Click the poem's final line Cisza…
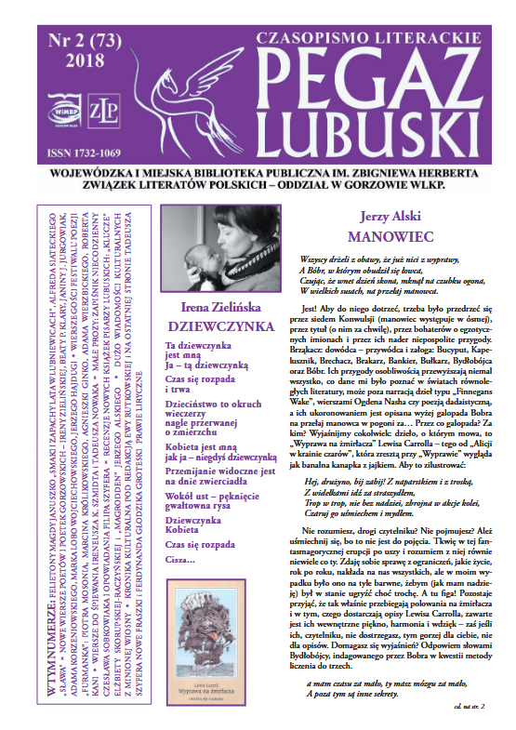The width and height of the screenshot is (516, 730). pyautogui.click(x=181, y=558)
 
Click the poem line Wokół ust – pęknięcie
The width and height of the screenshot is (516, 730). pyautogui.click(x=209, y=497)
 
